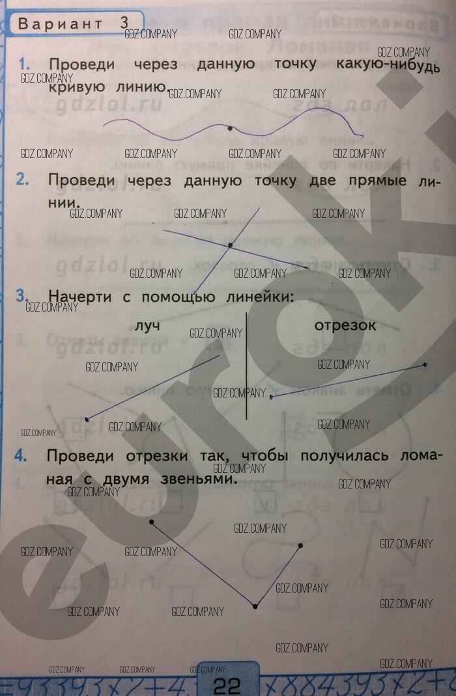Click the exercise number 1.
(25, 64)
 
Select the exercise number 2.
(23, 180)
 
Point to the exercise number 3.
(21, 296)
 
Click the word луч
(147, 325)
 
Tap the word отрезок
(345, 325)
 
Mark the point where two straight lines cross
(230, 245)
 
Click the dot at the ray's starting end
(87, 418)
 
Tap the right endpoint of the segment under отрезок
(425, 365)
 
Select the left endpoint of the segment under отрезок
(272, 395)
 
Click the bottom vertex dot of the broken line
(255, 606)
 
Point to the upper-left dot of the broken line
(152, 522)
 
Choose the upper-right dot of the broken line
(300, 545)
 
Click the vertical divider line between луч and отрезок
(246, 364)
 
